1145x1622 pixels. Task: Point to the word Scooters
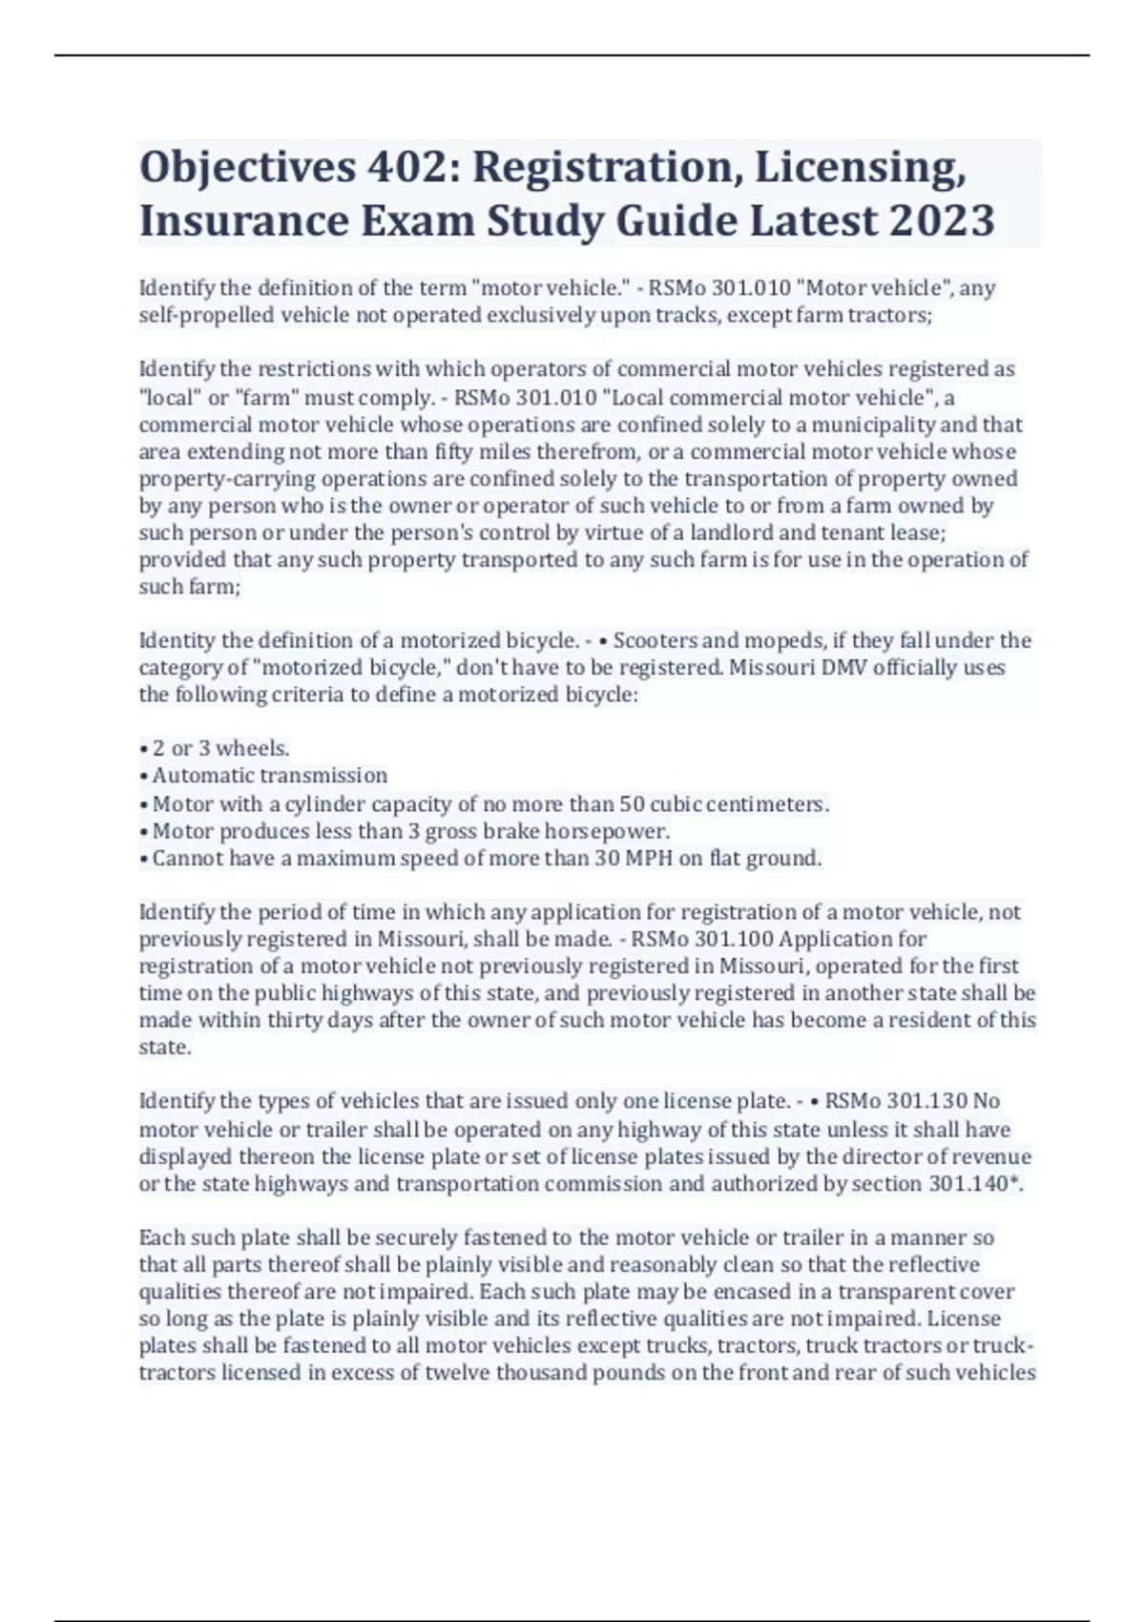[656, 640]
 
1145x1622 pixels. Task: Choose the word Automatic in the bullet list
[200, 776]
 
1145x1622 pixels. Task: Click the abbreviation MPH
[650, 858]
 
